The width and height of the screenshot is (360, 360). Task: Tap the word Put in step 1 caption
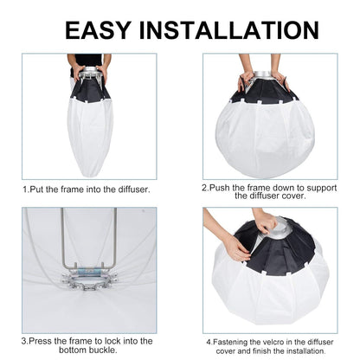point(41,189)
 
